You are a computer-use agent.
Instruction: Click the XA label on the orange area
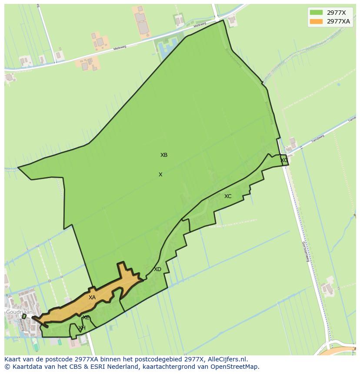[92, 298]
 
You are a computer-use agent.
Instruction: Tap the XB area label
[164, 155]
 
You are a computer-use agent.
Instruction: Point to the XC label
[228, 196]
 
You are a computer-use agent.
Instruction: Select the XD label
[157, 269]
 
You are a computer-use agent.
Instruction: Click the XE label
[86, 318]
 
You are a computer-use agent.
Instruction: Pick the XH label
[82, 328]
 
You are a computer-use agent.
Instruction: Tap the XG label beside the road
[284, 160]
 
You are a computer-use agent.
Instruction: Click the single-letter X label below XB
[160, 175]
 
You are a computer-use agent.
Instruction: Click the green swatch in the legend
[317, 13]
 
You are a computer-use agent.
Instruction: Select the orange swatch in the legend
[317, 21]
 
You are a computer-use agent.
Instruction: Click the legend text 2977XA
[338, 21]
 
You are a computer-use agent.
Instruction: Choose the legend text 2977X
[336, 13]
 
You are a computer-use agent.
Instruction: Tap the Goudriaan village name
[19, 312]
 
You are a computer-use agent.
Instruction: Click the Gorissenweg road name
[306, 252]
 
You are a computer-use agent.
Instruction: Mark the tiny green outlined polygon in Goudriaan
[24, 316]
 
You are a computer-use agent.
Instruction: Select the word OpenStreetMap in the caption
[237, 367]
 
